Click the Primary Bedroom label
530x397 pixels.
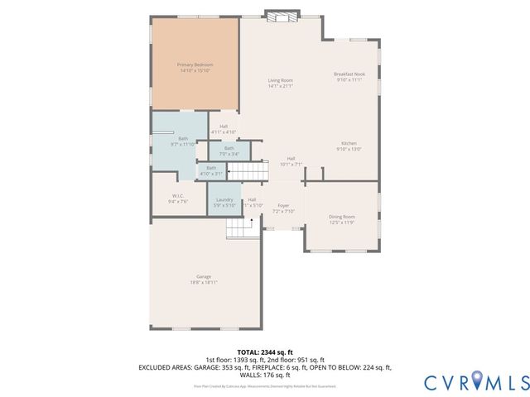click(x=195, y=65)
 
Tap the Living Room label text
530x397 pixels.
click(x=281, y=80)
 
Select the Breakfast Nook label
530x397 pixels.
click(x=349, y=74)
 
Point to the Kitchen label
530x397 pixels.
click(x=346, y=143)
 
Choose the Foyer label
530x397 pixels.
click(x=283, y=206)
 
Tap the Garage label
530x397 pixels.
click(x=204, y=276)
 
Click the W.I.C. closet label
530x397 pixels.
click(x=178, y=197)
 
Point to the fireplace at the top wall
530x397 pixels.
click(x=282, y=15)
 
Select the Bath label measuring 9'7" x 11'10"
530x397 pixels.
click(x=182, y=138)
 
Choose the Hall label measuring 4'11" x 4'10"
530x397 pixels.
click(x=224, y=127)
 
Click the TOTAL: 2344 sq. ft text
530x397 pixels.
click(x=265, y=352)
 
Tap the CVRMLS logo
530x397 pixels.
click(x=475, y=381)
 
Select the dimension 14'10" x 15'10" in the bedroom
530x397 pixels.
click(x=195, y=70)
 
